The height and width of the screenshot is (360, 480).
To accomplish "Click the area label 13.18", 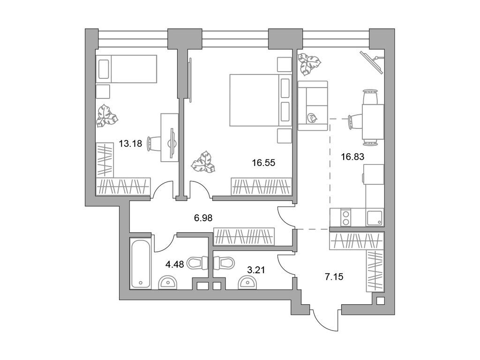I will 130,144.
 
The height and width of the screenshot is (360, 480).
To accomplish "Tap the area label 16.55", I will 263,163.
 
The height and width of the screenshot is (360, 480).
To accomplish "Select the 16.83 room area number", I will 352,157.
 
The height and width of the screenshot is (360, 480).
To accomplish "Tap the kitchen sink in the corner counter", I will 375,218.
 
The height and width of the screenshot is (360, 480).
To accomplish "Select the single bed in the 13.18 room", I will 126,69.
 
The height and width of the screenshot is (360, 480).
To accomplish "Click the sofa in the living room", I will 312,105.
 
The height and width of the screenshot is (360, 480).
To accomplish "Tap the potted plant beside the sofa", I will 309,65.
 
